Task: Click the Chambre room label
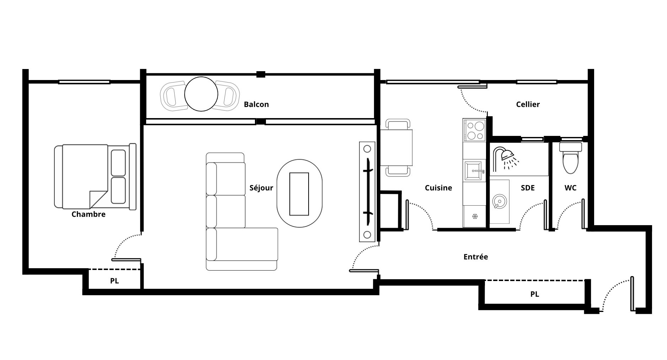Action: (89, 214)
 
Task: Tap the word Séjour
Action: (261, 188)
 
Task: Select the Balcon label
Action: (256, 104)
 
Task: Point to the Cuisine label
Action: (438, 188)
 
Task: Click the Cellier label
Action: (528, 104)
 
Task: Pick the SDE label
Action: (528, 188)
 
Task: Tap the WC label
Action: (570, 188)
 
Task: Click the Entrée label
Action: (476, 256)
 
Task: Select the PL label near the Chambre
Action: (114, 281)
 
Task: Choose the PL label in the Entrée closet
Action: (535, 294)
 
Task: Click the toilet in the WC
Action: (571, 158)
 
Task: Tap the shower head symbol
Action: (506, 158)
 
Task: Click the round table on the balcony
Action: (201, 94)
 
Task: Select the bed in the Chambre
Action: (95, 176)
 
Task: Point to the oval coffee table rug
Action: (299, 194)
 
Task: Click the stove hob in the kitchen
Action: (474, 131)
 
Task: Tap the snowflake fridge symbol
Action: (474, 216)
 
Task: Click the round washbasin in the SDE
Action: (499, 201)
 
